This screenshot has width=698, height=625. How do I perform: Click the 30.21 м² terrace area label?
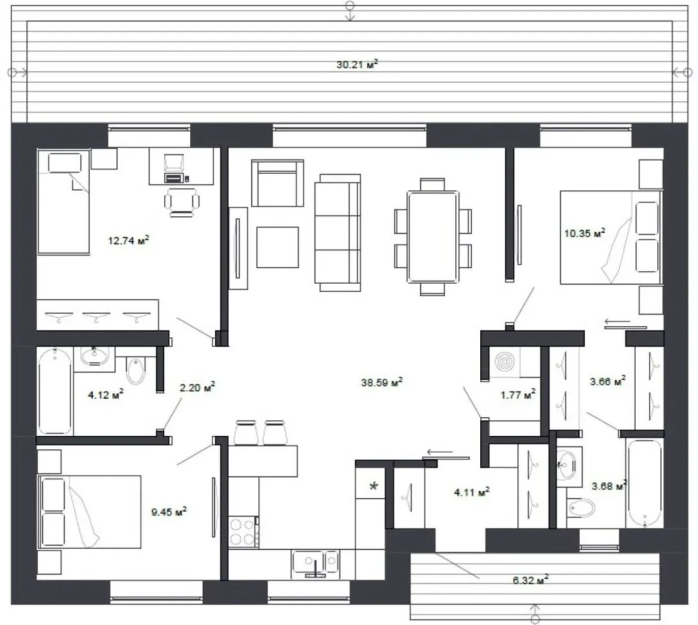(x=357, y=64)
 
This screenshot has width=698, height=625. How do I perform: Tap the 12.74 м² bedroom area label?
(x=128, y=240)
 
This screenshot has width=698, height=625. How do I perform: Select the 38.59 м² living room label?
(x=382, y=382)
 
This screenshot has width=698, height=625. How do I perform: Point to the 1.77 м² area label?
(x=518, y=395)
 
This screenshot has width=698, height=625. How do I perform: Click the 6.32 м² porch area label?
(x=530, y=580)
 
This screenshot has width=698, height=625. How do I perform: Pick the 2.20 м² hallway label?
(x=197, y=387)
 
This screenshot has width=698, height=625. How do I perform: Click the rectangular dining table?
(x=433, y=237)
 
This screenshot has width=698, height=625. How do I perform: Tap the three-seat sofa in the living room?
(x=337, y=233)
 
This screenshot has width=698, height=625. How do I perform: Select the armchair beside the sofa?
(x=277, y=183)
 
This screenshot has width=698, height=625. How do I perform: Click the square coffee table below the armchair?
(x=277, y=247)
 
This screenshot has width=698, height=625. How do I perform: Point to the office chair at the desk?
(x=182, y=202)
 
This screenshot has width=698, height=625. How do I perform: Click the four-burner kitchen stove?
(x=243, y=531)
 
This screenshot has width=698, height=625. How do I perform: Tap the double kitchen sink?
(x=315, y=564)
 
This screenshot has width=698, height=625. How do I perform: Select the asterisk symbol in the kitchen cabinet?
(x=374, y=486)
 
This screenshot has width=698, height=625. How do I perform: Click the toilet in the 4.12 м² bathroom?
(x=136, y=370)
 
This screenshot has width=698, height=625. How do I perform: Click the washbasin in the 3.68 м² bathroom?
(x=565, y=466)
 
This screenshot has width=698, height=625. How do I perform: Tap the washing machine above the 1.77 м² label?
(x=504, y=362)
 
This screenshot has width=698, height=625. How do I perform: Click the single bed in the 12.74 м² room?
(x=64, y=202)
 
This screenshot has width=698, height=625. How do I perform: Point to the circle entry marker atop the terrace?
(x=350, y=5)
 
